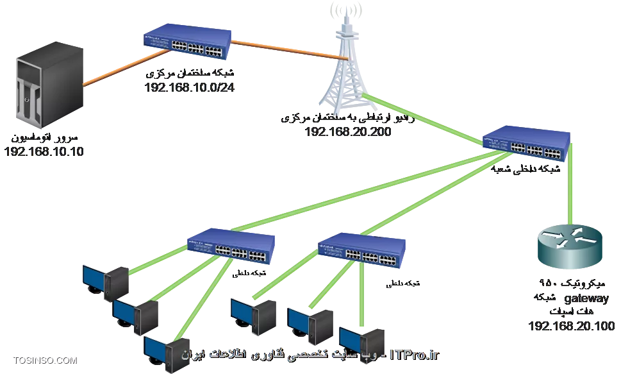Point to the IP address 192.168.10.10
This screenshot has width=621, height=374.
click(x=46, y=153)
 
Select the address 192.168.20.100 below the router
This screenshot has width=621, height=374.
click(x=572, y=327)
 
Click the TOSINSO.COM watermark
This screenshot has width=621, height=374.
click(x=44, y=361)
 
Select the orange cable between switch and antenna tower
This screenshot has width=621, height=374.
click(x=288, y=51)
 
